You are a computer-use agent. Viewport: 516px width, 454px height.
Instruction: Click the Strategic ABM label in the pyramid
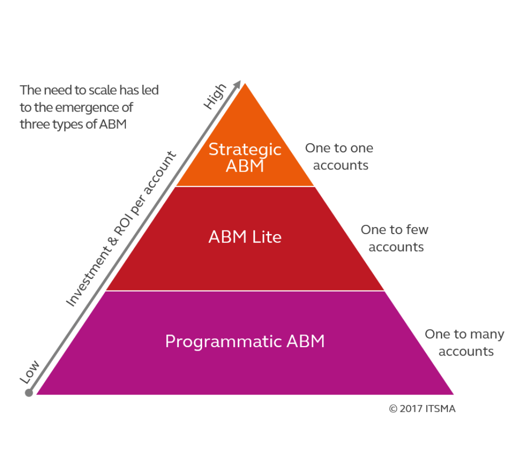click(245, 157)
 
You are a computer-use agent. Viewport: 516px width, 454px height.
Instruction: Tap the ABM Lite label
click(245, 237)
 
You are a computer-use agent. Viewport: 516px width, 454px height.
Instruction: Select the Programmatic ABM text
click(245, 342)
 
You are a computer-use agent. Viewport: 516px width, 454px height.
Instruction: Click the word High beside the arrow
click(215, 96)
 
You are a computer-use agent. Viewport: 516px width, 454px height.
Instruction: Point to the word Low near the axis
click(29, 372)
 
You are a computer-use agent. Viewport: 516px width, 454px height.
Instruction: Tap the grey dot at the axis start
click(29, 393)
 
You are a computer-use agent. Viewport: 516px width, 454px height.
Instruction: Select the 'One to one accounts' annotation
click(340, 156)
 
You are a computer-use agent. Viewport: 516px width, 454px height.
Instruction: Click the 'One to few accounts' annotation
click(395, 238)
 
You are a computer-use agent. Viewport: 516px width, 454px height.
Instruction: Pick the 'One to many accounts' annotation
click(465, 343)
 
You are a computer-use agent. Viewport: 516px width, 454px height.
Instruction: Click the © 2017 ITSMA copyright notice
click(422, 409)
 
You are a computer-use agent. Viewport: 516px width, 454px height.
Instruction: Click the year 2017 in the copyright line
click(411, 409)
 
